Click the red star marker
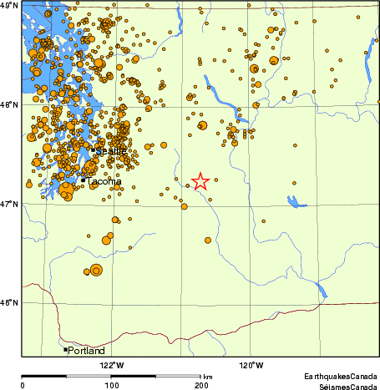pos(200,181)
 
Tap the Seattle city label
pos(111,151)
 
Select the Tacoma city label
pos(104,181)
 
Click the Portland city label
pos(88,351)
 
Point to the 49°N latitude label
pos(10,6)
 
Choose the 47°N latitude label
pos(10,204)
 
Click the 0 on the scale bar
pos(23,385)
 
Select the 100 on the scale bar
pos(111,385)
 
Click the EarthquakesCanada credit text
pos(341,377)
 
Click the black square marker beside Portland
pos(65,350)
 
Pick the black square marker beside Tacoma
pos(84,180)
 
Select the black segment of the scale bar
pos(67,376)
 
